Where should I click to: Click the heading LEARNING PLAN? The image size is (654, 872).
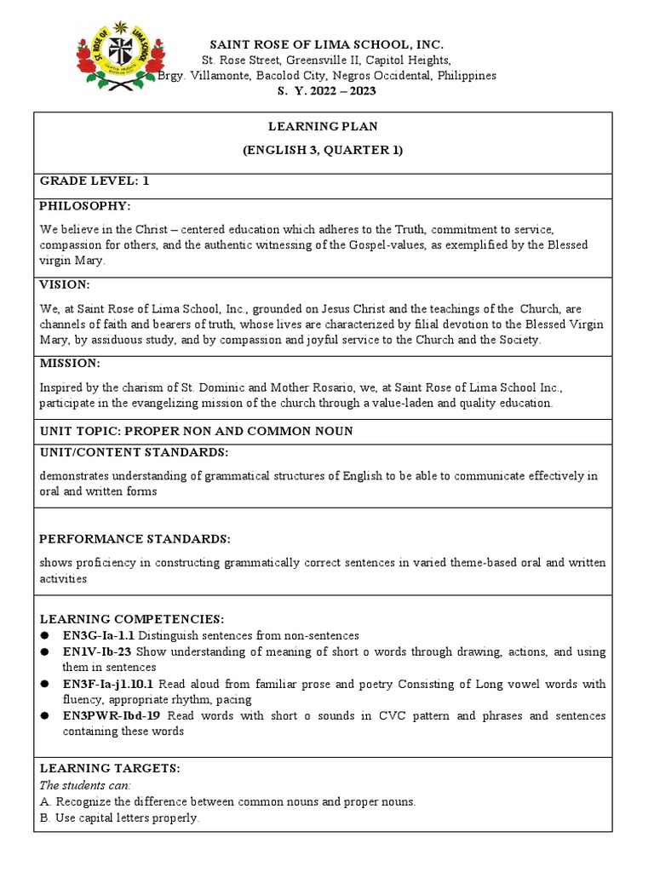(x=323, y=126)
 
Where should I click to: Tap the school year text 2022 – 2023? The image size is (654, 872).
(x=341, y=91)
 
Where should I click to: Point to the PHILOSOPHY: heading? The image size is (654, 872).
(x=84, y=206)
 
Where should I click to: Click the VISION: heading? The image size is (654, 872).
(x=65, y=285)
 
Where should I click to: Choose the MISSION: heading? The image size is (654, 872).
(x=70, y=364)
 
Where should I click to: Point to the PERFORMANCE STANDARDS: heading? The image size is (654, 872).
(x=135, y=539)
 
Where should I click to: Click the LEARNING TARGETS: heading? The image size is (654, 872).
(x=110, y=768)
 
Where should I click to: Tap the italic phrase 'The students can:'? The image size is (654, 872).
(x=85, y=785)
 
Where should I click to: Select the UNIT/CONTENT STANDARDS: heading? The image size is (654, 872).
(x=134, y=452)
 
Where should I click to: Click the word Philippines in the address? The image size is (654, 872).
(x=467, y=76)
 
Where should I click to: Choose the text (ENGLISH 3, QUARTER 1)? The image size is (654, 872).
(x=323, y=151)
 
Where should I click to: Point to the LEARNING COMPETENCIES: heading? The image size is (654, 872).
(x=132, y=618)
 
